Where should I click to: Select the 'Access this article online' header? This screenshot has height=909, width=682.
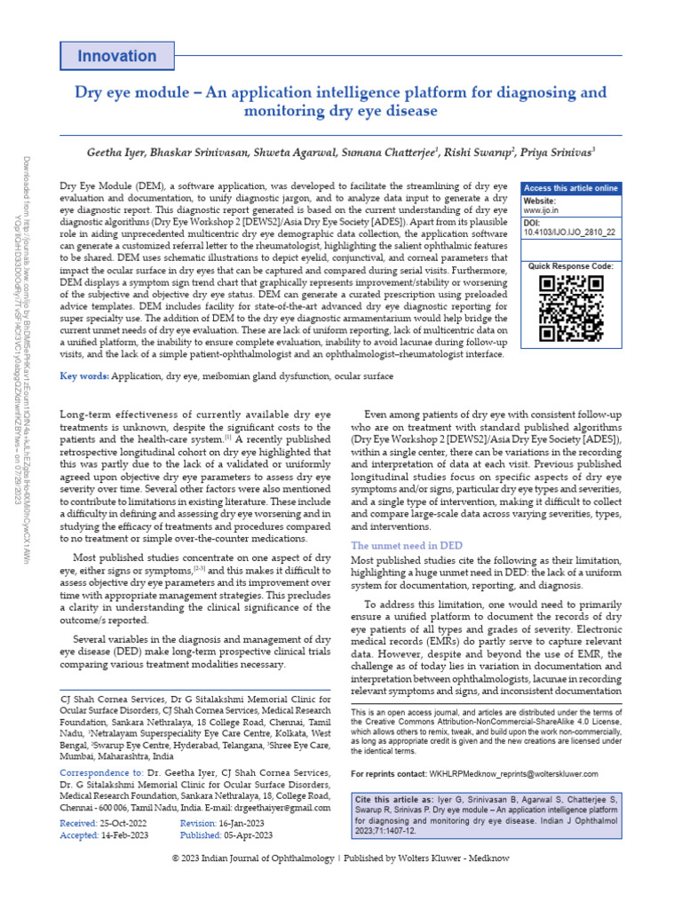click(x=570, y=188)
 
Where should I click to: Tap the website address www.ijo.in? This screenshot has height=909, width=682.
click(x=541, y=211)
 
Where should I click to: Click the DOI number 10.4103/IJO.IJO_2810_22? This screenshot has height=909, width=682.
click(x=569, y=232)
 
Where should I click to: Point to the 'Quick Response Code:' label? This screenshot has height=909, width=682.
click(x=570, y=266)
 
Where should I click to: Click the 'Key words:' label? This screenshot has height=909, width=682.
click(x=84, y=377)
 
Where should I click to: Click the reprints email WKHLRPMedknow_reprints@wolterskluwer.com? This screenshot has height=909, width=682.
click(x=513, y=774)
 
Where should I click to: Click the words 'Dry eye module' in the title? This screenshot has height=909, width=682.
click(x=123, y=92)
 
